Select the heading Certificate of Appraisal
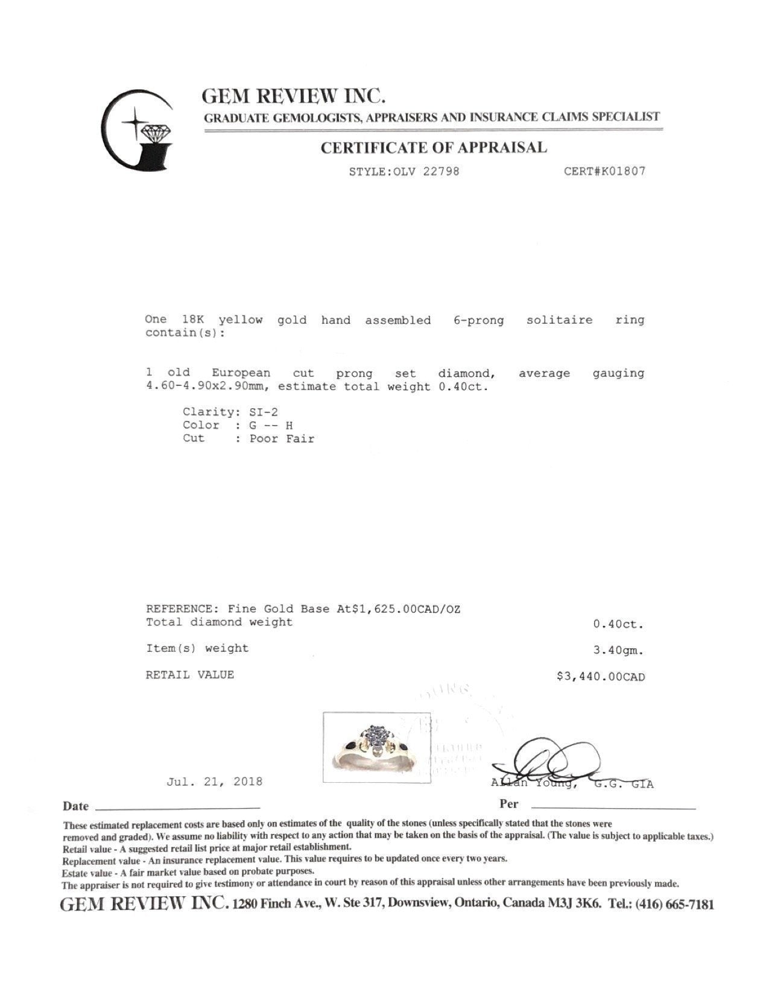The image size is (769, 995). [434, 148]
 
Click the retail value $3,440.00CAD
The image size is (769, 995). [600, 677]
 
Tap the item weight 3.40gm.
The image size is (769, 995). [618, 651]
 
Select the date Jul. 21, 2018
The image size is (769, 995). [214, 782]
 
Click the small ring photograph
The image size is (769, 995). [377, 748]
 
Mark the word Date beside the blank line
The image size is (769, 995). [76, 806]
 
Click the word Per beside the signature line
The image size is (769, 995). [509, 804]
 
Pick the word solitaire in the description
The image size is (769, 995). [559, 320]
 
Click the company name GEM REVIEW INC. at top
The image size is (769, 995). [294, 96]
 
